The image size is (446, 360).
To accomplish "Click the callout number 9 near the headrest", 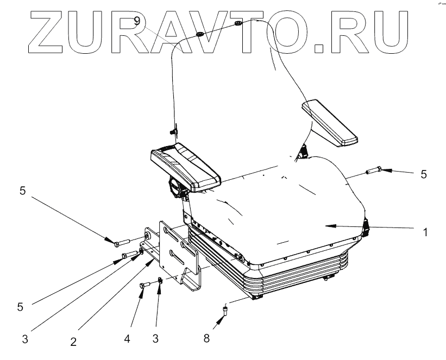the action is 139,22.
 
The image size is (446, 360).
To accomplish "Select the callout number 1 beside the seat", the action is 425,232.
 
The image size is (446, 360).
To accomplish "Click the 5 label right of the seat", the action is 424,174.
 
